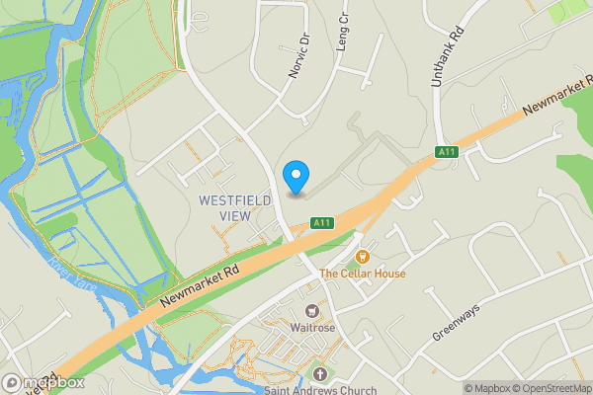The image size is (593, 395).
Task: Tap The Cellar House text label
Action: [x=363, y=274]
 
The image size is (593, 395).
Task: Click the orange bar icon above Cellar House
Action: [x=363, y=256]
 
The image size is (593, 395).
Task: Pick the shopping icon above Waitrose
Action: [x=312, y=310]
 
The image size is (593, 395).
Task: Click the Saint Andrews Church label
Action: [x=320, y=389]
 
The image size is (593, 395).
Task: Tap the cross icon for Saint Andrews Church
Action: [x=319, y=373]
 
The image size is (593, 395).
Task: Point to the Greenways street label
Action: [x=455, y=322]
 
